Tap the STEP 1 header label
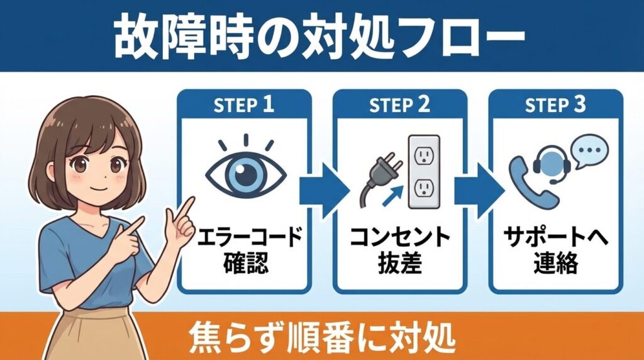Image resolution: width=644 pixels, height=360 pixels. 245,105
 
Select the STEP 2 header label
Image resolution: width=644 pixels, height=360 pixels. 400,105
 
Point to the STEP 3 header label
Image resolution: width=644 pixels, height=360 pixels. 556,105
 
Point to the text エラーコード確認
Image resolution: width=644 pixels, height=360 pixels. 245,251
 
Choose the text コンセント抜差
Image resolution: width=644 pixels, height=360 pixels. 400,251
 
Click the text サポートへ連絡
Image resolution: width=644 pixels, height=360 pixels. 556,251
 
